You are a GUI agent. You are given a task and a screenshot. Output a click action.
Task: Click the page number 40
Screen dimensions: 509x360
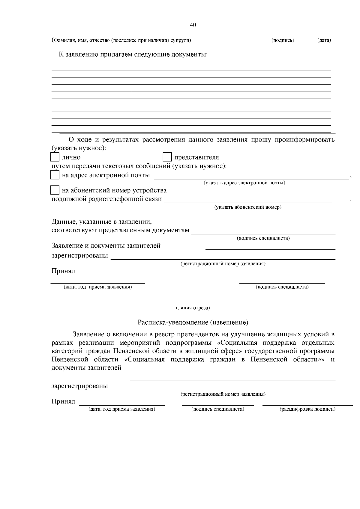coord(193,25)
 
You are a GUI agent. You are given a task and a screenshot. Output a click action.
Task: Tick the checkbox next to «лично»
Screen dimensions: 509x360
coord(55,157)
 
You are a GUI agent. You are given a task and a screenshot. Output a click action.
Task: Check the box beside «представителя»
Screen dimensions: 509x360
coord(167,157)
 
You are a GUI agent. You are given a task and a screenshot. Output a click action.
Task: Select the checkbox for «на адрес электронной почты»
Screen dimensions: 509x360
coord(55,175)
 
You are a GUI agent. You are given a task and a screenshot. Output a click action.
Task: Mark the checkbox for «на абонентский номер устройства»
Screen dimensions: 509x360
coord(55,190)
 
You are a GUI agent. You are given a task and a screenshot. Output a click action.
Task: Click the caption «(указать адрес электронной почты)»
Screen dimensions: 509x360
coord(244,183)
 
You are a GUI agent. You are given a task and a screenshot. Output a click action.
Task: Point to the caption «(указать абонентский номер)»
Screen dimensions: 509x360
coord(247,207)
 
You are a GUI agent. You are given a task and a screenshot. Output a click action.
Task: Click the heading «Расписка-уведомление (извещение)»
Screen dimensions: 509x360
coord(193,323)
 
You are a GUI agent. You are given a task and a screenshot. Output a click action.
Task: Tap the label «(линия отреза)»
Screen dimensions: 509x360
coord(193,308)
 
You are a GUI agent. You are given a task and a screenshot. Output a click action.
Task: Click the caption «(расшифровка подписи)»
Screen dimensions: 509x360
coord(307,409)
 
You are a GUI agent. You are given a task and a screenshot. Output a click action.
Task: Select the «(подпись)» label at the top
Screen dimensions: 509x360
coord(283,40)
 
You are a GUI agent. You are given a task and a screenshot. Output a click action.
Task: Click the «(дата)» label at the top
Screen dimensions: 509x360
coord(324,40)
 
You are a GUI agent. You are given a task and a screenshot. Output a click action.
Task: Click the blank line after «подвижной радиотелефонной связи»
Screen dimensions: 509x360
coord(248,203)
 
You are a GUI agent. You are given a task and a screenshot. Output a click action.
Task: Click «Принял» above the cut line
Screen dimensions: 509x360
coord(63,271)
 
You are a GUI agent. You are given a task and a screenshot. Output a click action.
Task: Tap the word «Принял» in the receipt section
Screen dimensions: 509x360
coord(63,401)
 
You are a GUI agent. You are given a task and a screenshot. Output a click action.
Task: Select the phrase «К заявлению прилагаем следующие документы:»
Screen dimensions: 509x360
coord(133,55)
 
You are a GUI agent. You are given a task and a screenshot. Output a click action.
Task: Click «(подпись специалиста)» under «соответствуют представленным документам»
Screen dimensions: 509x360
coord(263,238)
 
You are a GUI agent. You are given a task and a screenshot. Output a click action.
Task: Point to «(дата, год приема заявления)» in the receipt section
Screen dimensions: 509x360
coord(121,409)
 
